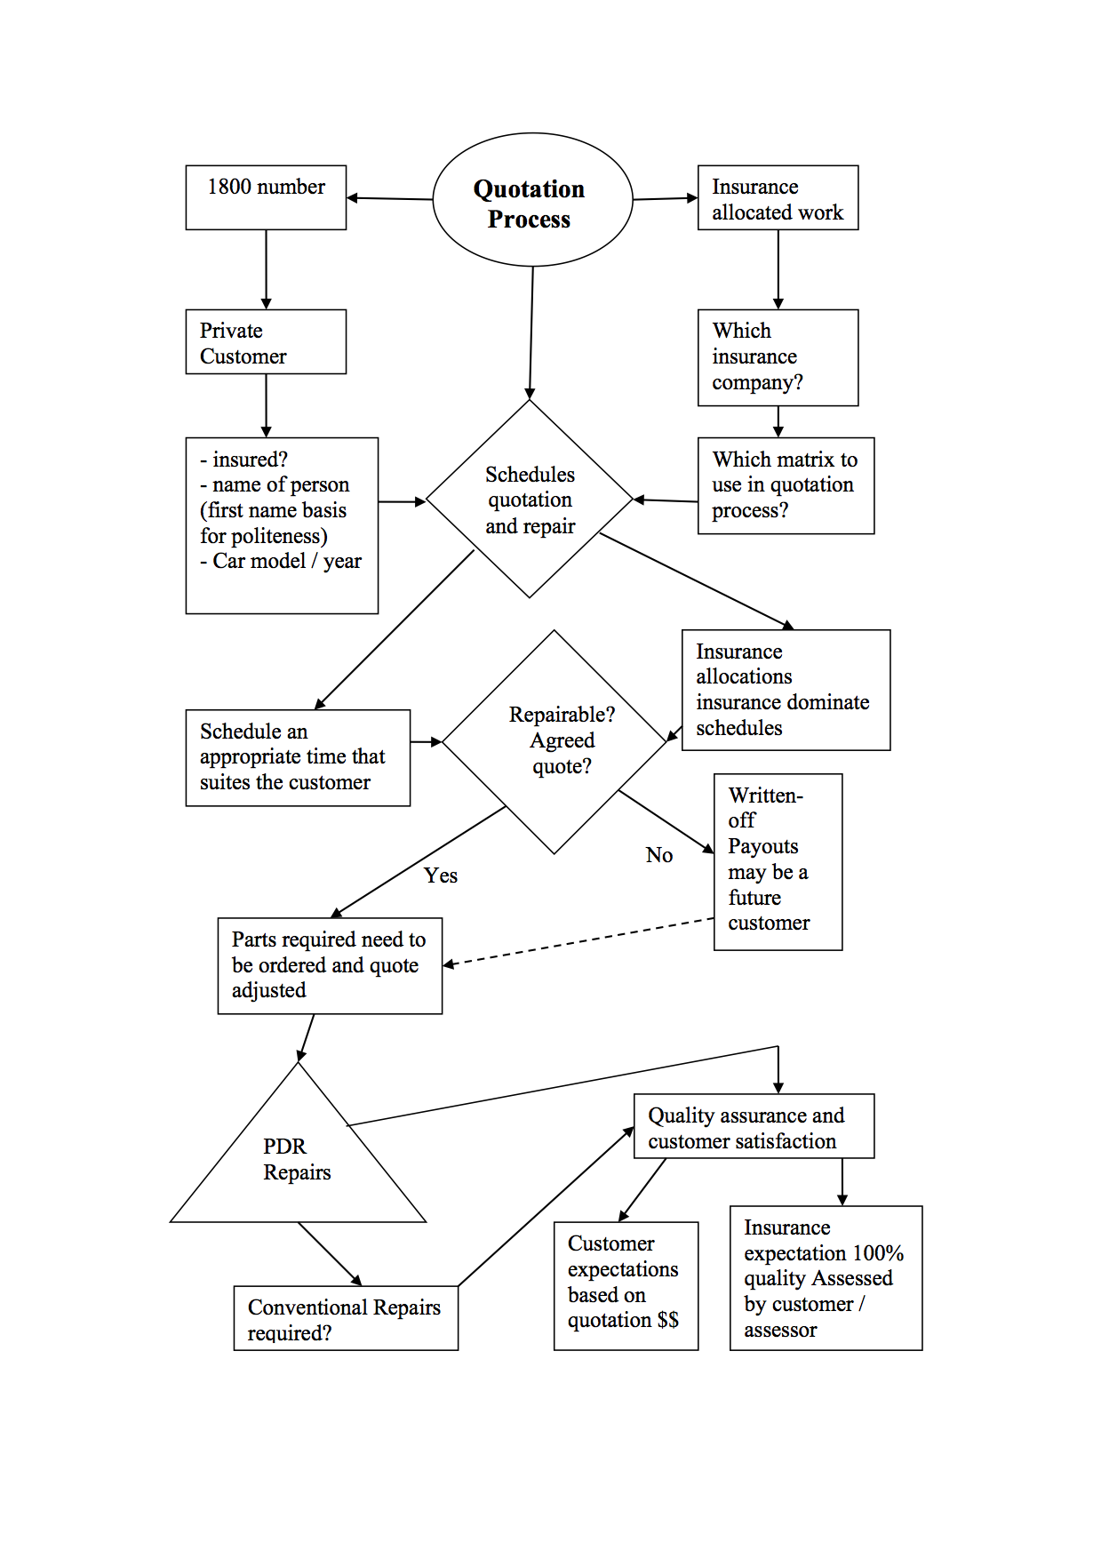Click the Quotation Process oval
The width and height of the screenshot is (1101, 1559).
click(531, 200)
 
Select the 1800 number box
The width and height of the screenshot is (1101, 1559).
click(266, 197)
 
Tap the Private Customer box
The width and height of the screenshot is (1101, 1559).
click(266, 342)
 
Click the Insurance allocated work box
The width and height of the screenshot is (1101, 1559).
click(778, 198)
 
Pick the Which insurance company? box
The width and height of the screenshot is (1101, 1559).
click(778, 357)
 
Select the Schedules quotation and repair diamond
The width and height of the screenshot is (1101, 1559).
click(530, 500)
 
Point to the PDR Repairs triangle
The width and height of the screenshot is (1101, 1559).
click(298, 1161)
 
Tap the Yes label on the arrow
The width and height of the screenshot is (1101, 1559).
click(441, 875)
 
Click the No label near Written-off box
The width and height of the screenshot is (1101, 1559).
click(658, 855)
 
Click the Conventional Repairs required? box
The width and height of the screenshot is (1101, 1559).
click(346, 1319)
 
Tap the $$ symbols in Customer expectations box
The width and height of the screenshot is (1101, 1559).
click(668, 1321)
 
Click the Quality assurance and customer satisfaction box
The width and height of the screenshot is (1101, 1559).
click(754, 1127)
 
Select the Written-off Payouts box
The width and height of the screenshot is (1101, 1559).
click(778, 861)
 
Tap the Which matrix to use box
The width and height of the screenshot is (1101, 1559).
click(786, 485)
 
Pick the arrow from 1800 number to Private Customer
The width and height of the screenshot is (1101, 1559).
click(266, 269)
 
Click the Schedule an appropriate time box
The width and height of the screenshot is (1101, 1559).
click(298, 757)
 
